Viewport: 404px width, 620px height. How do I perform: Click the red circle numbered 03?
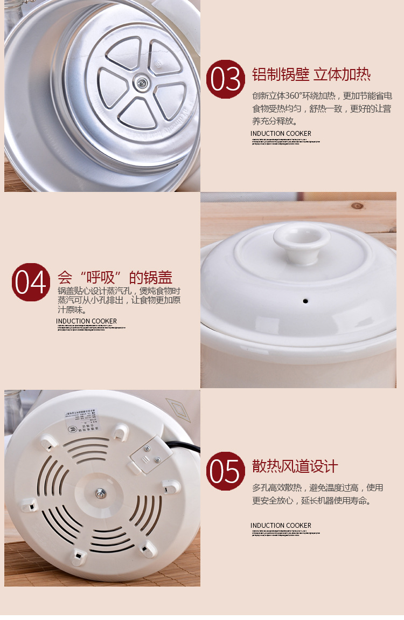click(226, 79)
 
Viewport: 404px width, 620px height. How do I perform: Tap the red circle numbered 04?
click(31, 282)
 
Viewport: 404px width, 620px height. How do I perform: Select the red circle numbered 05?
click(226, 471)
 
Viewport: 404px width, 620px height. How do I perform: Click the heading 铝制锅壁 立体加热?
click(311, 74)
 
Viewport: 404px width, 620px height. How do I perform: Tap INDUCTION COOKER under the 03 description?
click(281, 134)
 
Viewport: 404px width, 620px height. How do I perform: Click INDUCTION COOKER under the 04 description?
click(86, 321)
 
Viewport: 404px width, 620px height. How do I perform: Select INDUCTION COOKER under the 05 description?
click(281, 526)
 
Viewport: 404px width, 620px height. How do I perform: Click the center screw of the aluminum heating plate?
click(142, 82)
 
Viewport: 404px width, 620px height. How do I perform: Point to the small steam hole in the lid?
click(305, 300)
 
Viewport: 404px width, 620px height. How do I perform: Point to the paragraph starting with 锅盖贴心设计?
click(119, 301)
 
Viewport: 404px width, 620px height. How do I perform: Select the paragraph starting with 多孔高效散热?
click(317, 494)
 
